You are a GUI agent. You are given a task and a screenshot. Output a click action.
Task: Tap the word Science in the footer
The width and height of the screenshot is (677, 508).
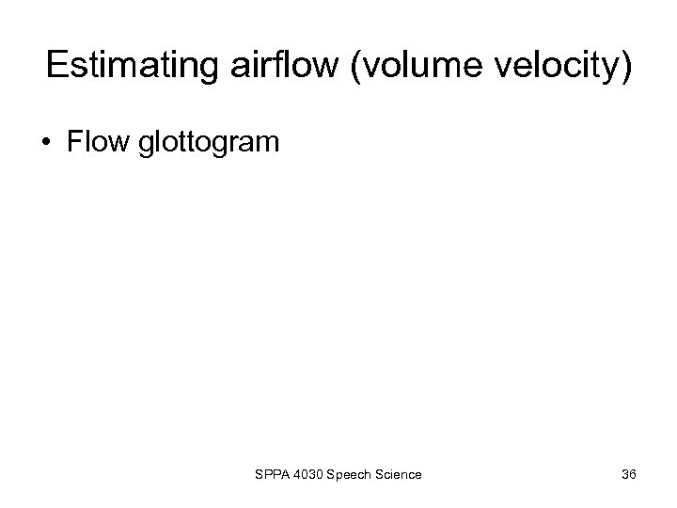[x=399, y=475]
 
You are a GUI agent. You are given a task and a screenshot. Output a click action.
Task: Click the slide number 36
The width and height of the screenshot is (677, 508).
[x=628, y=475]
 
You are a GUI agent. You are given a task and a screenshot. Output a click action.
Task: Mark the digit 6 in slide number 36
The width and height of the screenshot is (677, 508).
[x=633, y=475]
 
